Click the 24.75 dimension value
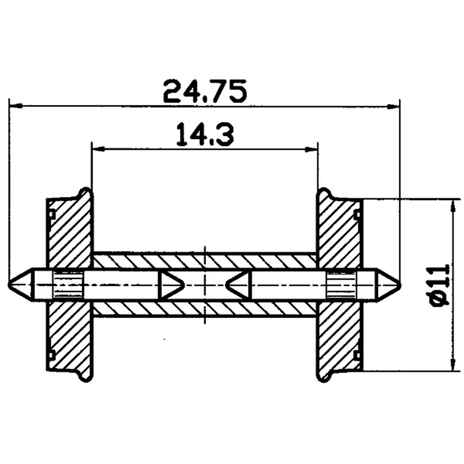coord(204,92)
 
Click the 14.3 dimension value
coord(204,135)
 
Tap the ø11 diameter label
coord(440,284)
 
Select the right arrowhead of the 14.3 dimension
coord(313,149)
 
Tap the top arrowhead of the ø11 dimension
coord(451,204)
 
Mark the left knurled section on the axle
coord(68,284)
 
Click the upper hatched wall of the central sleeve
coord(204,261)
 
